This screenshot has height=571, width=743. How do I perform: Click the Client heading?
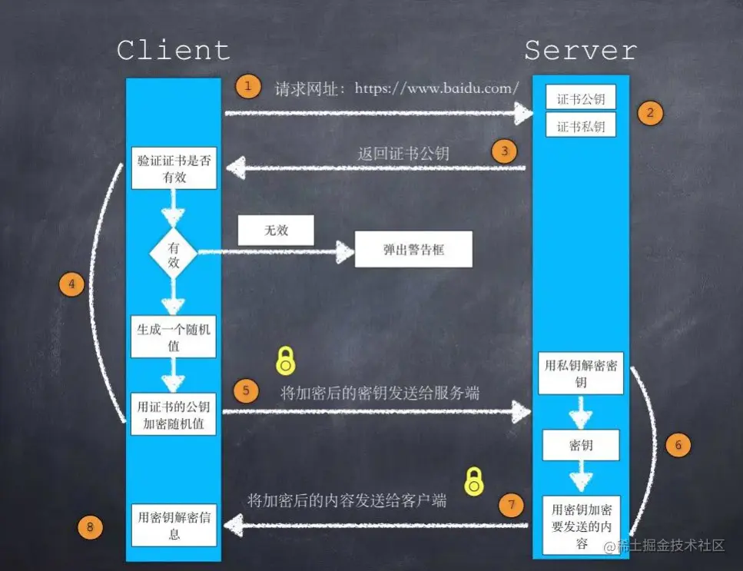pyautogui.click(x=174, y=51)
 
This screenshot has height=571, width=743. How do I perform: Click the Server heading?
pyautogui.click(x=581, y=51)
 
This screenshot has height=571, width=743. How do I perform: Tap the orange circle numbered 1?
pyautogui.click(x=247, y=86)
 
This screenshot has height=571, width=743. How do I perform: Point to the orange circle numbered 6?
pyautogui.click(x=678, y=444)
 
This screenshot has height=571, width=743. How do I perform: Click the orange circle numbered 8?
pyautogui.click(x=91, y=526)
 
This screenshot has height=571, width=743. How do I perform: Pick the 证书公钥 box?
pyautogui.click(x=581, y=98)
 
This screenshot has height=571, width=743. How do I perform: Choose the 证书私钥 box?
pyautogui.click(x=581, y=125)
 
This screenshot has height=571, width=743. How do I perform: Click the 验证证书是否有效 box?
pyautogui.click(x=174, y=168)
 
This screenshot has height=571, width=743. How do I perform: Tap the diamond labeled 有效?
pyautogui.click(x=173, y=251)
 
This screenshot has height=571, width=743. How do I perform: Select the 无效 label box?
pyautogui.click(x=276, y=230)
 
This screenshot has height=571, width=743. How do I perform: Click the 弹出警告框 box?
pyautogui.click(x=413, y=251)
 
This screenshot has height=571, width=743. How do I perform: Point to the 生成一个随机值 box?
pyautogui.click(x=174, y=337)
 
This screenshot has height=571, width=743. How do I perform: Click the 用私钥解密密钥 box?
pyautogui.click(x=581, y=373)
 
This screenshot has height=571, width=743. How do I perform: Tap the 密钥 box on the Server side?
pyautogui.click(x=581, y=446)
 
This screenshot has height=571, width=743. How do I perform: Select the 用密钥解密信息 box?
pyautogui.click(x=174, y=525)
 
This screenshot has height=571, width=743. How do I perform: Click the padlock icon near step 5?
pyautogui.click(x=286, y=359)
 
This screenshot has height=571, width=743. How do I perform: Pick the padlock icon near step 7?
pyautogui.click(x=475, y=481)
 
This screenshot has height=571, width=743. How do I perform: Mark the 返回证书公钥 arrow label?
pyautogui.click(x=403, y=153)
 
